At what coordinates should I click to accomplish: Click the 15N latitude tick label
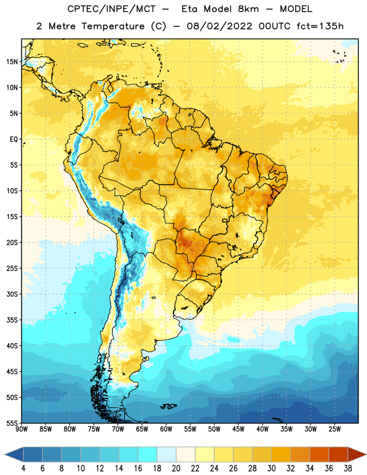(12, 62)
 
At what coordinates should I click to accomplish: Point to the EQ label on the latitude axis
(14, 140)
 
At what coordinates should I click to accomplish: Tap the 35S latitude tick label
(12, 320)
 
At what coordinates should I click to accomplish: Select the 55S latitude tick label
(12, 423)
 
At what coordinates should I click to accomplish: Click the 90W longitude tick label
(21, 429)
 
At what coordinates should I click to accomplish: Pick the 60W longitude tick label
(166, 429)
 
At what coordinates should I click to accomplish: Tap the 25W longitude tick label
(334, 429)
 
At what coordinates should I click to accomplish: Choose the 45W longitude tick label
(238, 429)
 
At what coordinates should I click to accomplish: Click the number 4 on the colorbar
(23, 468)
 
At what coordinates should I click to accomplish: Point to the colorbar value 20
(176, 468)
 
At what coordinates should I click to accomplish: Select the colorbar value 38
(348, 468)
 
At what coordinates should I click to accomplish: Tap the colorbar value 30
(271, 468)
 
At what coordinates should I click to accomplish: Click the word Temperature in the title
(113, 26)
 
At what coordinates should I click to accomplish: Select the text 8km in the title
(248, 9)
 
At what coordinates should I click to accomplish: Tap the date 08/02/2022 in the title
(219, 26)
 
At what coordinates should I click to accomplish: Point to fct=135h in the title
(320, 26)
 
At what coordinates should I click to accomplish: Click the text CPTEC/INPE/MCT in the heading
(112, 9)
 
